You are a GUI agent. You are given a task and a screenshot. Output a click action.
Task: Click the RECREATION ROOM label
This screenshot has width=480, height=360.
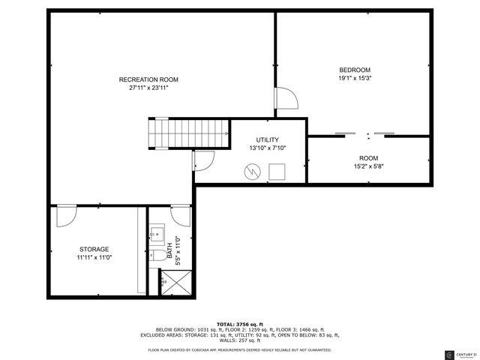point(148,79)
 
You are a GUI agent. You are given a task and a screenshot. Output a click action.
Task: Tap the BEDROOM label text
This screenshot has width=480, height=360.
point(355,70)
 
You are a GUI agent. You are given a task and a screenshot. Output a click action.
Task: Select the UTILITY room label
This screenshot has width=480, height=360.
point(267,140)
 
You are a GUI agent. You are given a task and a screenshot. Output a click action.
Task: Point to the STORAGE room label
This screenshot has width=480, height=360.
point(94,249)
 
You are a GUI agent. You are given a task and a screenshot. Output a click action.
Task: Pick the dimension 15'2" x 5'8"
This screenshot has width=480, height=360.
point(367,166)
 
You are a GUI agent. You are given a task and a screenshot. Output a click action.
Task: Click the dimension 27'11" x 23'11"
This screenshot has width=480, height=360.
point(148,88)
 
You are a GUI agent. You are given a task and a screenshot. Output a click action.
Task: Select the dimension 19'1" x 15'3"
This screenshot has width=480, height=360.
point(355,78)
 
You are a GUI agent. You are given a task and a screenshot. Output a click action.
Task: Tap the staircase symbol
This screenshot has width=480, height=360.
point(188,133)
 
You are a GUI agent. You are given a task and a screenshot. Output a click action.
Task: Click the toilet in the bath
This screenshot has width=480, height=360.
point(157,256)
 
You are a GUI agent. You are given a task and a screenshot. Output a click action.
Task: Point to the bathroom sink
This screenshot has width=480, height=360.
point(157,233)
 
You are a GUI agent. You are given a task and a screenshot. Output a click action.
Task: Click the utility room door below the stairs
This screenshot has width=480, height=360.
point(204,158)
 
